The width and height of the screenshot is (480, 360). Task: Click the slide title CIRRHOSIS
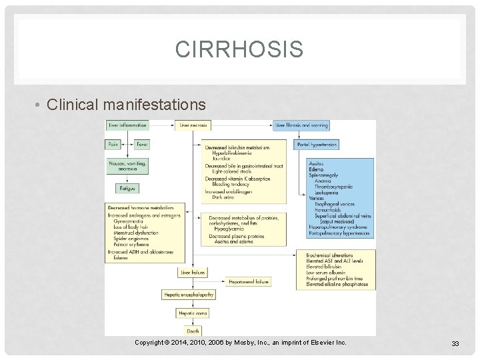[x=239, y=49]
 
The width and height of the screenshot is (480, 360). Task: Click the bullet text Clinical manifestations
[x=127, y=105]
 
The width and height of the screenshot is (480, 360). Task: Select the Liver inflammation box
[x=127, y=125]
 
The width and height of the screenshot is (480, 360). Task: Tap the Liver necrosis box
[x=193, y=125]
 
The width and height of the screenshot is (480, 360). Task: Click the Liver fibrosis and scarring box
[x=301, y=125]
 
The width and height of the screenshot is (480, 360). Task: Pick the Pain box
[x=114, y=144]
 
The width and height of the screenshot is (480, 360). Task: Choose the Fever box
[x=142, y=144]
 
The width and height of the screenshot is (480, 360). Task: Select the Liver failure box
[x=193, y=273]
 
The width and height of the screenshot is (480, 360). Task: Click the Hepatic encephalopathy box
[x=188, y=294]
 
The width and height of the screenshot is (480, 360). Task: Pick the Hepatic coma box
[x=193, y=313]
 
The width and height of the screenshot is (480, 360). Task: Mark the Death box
[x=193, y=330]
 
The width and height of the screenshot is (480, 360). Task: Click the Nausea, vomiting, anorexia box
[x=127, y=166]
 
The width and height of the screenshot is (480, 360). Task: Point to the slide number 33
[x=455, y=343]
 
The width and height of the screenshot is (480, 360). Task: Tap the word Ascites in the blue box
[x=318, y=163]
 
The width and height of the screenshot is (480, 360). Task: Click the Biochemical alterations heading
[x=330, y=255]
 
